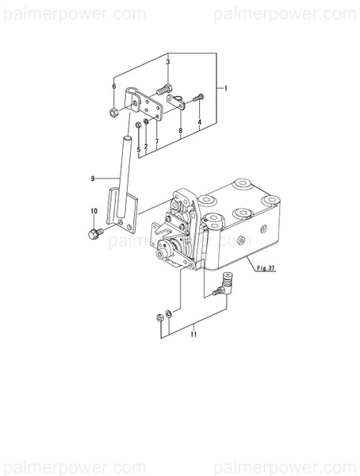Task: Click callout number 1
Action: point(226,88)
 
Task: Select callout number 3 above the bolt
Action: point(168,62)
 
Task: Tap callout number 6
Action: point(114,86)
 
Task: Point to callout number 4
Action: point(200,121)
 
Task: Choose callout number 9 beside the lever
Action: point(92,178)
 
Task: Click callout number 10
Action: point(94,210)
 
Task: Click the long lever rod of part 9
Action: point(125,171)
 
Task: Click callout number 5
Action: point(138,148)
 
